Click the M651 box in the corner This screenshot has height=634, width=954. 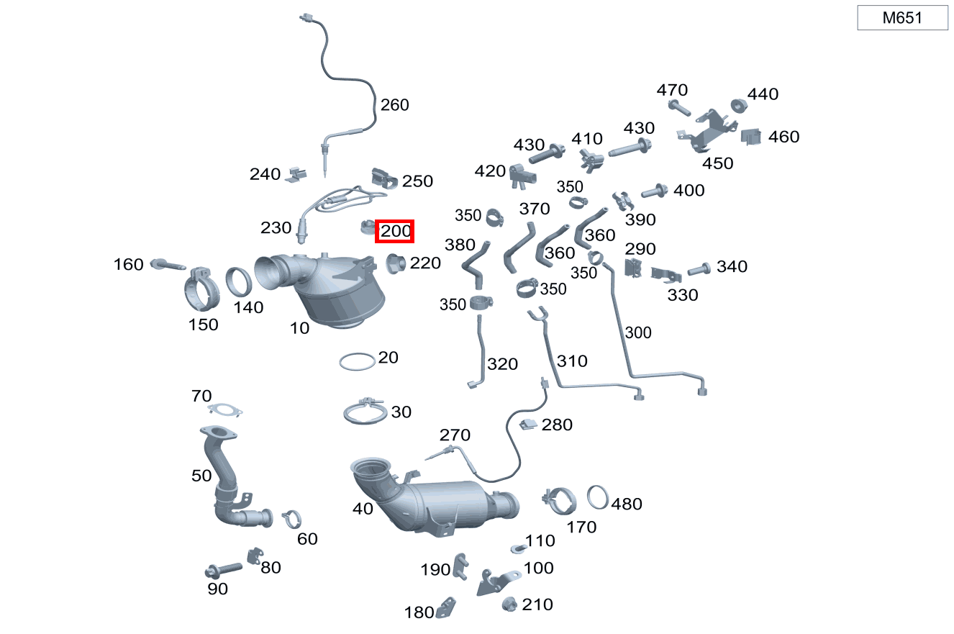click(902, 18)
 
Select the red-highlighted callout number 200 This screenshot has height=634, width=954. click(395, 231)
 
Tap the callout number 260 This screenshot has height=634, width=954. click(394, 105)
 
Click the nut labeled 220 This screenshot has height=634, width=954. click(395, 263)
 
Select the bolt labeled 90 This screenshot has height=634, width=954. click(223, 570)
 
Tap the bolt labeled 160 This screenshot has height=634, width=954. click(168, 265)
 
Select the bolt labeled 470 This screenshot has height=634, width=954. click(679, 107)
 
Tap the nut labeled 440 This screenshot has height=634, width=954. click(738, 106)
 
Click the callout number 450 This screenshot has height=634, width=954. click(717, 163)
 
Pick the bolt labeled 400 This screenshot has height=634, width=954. click(655, 191)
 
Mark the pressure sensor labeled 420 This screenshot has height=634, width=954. click(522, 176)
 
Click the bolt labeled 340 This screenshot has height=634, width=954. click(699, 269)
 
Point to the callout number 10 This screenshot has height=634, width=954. click(299, 328)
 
